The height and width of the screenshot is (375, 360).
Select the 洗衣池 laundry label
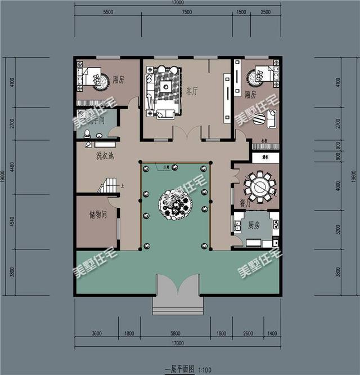click(x=105, y=155)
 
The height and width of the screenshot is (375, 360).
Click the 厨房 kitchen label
click(x=253, y=225)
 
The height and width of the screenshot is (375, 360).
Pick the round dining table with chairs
click(x=260, y=186)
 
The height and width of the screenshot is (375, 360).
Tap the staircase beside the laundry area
click(x=108, y=185)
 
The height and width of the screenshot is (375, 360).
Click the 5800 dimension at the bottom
click(x=176, y=333)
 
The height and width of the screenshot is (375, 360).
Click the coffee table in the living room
click(x=166, y=87)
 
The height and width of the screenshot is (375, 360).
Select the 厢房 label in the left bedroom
click(x=118, y=80)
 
